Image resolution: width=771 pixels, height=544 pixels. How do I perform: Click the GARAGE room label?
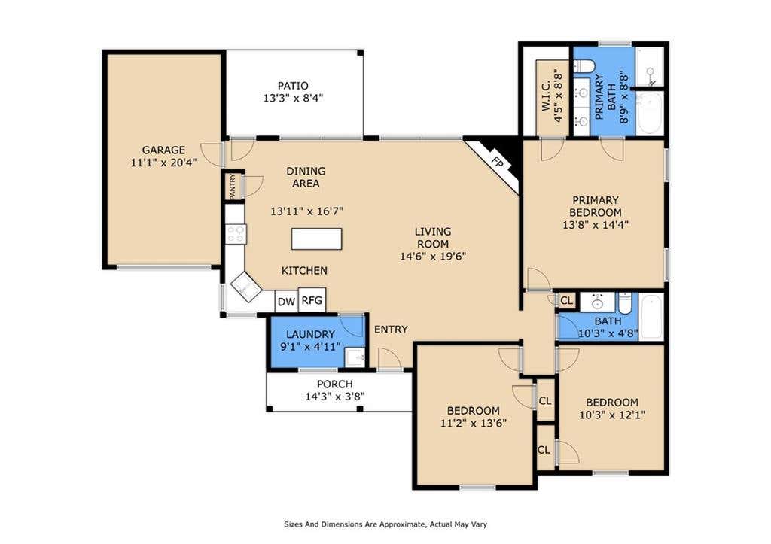point(163,150)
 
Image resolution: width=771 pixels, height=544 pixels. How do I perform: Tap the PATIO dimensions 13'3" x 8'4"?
point(293,98)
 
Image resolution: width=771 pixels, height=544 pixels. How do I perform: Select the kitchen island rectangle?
point(317,239)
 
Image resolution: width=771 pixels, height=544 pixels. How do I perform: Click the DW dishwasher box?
point(286,302)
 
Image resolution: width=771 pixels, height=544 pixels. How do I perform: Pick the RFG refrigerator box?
point(312,299)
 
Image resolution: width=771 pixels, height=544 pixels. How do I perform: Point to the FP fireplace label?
point(498,163)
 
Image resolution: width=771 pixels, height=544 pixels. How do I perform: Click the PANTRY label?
point(233,185)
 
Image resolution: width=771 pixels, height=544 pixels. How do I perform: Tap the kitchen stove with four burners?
point(236,234)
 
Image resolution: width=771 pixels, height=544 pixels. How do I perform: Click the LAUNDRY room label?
point(311,334)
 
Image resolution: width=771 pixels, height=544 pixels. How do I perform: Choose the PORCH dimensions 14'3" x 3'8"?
point(335,396)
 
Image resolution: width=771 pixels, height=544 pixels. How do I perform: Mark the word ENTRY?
point(391,330)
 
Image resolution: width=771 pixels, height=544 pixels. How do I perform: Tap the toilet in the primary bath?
point(584,66)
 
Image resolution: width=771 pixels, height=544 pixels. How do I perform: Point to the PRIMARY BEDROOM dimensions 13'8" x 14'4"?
point(596,225)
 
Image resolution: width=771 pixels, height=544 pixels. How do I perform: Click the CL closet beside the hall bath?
point(566,300)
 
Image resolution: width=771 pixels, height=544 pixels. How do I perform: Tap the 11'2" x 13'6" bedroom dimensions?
point(474,423)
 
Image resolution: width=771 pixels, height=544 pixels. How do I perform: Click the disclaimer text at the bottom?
point(385,524)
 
